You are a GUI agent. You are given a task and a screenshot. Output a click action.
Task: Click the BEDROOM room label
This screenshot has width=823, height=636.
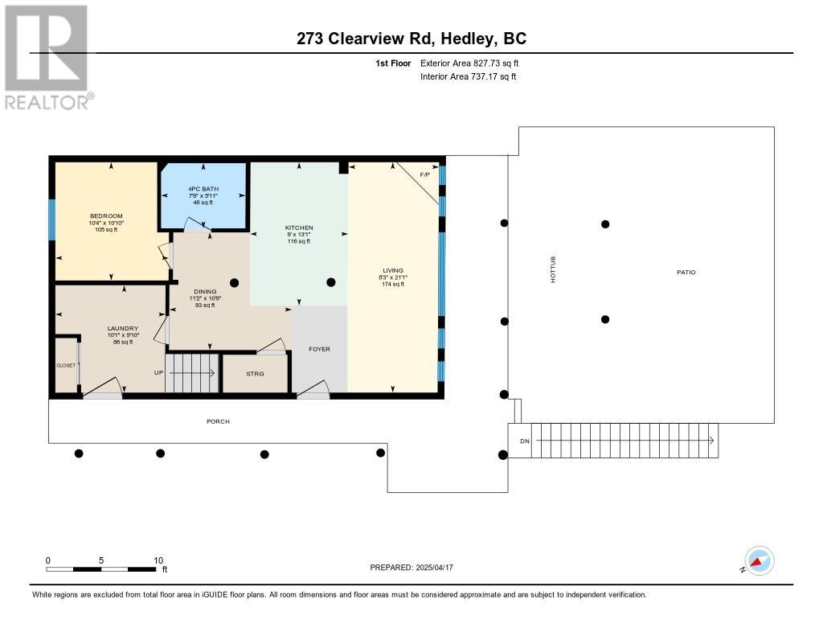pos(106,215)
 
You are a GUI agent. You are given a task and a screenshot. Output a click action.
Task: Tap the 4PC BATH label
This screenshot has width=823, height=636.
pos(203,189)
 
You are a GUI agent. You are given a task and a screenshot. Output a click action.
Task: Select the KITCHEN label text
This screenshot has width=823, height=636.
pos(299,228)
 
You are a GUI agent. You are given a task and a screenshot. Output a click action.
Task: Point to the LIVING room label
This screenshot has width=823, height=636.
pos(392,270)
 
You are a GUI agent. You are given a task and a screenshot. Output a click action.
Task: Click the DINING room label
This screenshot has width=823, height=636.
pos(205,292)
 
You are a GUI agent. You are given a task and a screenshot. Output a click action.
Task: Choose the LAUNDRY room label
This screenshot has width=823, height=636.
pos(123,328)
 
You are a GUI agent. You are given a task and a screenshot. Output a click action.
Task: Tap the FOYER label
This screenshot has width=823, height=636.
pos(319,349)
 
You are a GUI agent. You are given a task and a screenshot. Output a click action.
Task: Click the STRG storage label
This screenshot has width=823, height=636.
pos(255,374)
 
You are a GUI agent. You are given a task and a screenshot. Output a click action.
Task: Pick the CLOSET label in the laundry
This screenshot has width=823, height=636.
pos(66,366)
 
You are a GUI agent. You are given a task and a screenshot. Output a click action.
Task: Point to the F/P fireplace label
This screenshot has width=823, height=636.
pos(424,175)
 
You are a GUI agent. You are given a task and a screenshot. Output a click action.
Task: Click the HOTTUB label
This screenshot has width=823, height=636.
pos(553,270)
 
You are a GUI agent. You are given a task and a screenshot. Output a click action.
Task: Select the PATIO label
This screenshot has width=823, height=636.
pos(686,272)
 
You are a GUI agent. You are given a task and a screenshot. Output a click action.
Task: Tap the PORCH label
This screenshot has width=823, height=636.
pos(218,421)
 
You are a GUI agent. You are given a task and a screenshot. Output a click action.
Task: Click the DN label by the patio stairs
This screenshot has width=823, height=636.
pos(525,441)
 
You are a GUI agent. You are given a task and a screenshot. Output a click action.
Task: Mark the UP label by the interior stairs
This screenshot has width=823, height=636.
pos(158,373)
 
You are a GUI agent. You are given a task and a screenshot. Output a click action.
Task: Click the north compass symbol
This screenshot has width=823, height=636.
pos(759,561)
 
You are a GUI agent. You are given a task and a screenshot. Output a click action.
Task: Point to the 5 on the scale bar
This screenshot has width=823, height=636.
pos(101,560)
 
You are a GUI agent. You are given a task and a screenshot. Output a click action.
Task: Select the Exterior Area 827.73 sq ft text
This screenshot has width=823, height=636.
pos(469,63)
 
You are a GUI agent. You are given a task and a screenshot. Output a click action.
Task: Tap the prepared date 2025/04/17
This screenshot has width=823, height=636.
pos(435,568)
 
